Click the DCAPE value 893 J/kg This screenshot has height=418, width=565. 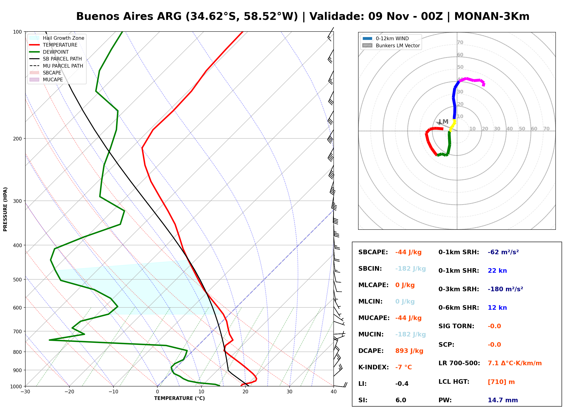(409, 351)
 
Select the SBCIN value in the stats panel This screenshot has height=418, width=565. (410, 269)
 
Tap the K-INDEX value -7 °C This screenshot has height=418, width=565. (404, 367)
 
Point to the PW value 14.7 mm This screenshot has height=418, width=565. (503, 400)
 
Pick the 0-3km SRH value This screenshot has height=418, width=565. (505, 289)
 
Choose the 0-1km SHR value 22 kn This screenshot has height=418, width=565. (497, 271)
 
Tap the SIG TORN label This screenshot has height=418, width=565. (456, 326)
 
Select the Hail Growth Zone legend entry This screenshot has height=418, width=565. (57, 38)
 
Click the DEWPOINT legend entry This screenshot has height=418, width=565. (49, 52)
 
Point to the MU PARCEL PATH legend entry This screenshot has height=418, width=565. (56, 66)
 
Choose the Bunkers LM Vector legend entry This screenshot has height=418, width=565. (391, 45)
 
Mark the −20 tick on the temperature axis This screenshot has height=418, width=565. (69, 392)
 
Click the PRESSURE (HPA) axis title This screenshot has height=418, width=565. (5, 209)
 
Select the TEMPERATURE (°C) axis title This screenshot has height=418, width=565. (180, 398)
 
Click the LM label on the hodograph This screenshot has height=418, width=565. (444, 122)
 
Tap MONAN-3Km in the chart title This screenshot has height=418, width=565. (492, 16)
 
